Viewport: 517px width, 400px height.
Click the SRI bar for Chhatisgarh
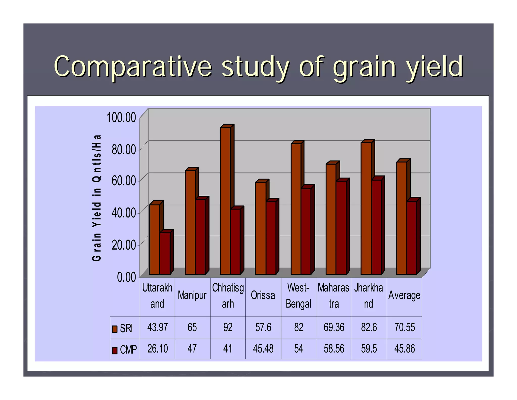pos(225,201)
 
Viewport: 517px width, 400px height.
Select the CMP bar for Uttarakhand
pos(165,253)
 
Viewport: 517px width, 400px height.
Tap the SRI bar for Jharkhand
pos(366,208)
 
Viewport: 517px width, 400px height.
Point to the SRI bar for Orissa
pos(261,228)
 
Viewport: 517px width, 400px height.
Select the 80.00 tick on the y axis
pos(124,149)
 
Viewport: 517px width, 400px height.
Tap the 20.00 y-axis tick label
pos(124,245)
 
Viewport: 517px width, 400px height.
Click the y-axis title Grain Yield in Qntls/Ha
pos(97,198)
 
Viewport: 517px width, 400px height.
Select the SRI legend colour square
pos(115,329)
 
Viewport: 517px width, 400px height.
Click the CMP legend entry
pos(125,350)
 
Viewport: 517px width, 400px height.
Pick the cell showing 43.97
pos(157,327)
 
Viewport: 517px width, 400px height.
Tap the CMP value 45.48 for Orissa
pos(263,349)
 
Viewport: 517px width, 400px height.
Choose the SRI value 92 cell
pos(228,327)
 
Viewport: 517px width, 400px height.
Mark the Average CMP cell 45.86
pos(404,349)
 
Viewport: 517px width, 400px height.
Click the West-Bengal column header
pos(298,296)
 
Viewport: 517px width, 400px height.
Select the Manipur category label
pos(192,295)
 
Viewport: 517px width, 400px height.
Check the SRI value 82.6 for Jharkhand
pos(369,327)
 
